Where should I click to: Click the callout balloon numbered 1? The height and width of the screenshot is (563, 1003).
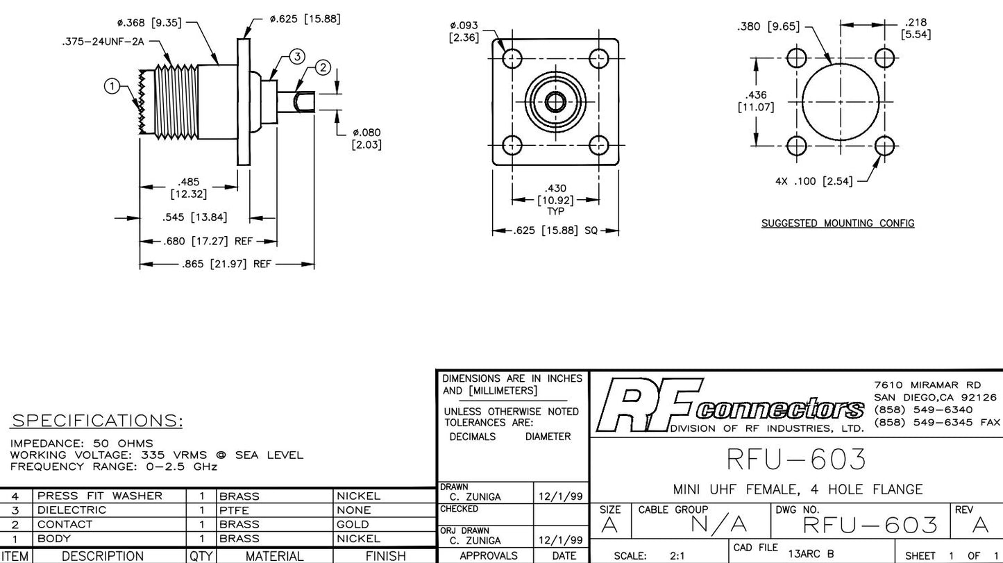coord(111,86)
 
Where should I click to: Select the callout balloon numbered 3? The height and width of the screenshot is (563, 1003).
coord(296,56)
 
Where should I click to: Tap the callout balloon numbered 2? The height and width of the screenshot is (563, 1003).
coord(323,67)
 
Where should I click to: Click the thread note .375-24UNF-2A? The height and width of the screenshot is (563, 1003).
coord(104,42)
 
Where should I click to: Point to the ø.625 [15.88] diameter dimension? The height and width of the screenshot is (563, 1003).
coord(305,19)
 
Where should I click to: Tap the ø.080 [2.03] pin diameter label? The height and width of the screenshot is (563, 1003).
coord(367,138)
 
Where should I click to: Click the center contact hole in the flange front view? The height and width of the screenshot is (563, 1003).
coord(555,102)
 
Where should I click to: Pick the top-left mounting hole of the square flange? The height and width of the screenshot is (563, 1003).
coord(512,58)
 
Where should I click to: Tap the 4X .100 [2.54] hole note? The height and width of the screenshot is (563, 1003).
coord(814,182)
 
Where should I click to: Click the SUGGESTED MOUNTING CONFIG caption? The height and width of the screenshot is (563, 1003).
coord(838,224)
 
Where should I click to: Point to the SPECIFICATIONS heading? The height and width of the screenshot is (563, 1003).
coord(97,421)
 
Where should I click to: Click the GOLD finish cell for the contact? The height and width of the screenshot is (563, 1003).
coord(352,524)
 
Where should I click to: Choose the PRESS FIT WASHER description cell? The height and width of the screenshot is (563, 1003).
coord(99,496)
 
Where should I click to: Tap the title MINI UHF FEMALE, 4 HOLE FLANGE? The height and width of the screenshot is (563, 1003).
coord(798,489)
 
